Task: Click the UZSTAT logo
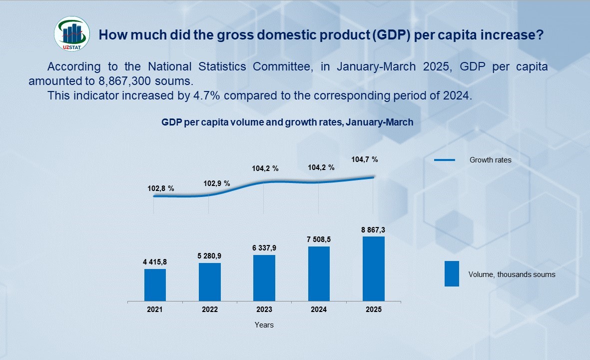tap(72, 34)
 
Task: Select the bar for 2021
tap(155, 284)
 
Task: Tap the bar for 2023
tap(264, 277)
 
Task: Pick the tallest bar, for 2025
tap(374, 268)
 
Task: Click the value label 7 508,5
tap(319, 240)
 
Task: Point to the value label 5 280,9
tap(210, 256)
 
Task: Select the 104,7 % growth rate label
tap(365, 159)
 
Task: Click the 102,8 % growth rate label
tap(161, 188)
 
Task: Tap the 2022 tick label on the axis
tap(210, 309)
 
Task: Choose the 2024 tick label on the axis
tap(319, 309)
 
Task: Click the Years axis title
tap(264, 325)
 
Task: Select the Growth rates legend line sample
tap(445, 160)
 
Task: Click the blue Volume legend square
tap(452, 273)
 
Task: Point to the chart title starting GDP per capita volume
tap(287, 122)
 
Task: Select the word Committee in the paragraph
tap(282, 66)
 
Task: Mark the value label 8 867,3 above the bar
tap(374, 230)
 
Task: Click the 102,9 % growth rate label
tap(217, 183)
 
